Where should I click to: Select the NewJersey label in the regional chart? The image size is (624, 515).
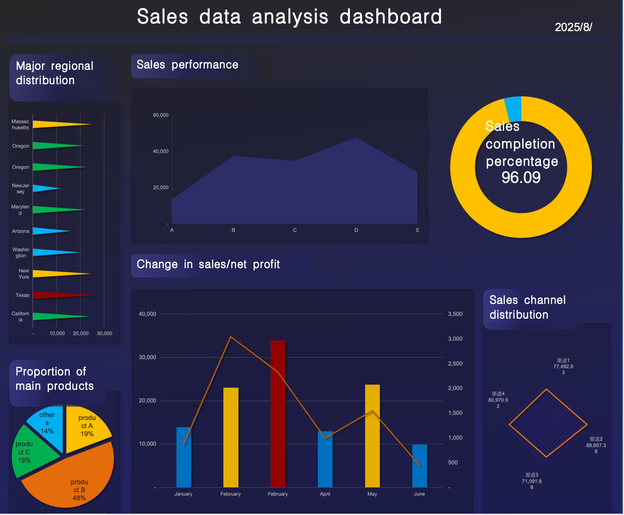[20, 189]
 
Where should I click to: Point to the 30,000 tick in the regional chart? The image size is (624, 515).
[104, 333]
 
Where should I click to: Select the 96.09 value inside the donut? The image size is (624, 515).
[521, 177]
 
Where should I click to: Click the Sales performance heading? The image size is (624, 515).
[187, 65]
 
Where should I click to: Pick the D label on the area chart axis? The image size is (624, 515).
[356, 230]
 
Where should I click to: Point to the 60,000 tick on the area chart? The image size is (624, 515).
[161, 115]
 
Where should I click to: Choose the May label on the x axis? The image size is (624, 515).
[372, 494]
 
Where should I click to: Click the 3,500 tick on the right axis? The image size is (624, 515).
[455, 314]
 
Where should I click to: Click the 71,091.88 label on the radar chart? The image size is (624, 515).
[532, 481]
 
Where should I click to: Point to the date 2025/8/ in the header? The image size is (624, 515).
[573, 27]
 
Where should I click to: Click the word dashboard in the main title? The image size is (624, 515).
[390, 17]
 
